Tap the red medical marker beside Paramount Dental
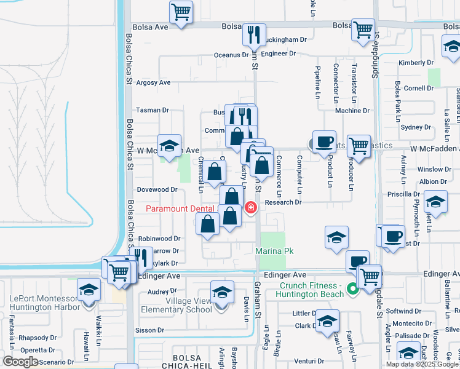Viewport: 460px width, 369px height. click(250, 208)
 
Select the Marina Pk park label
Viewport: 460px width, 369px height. click(271, 252)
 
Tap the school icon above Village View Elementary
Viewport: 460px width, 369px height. click(222, 291)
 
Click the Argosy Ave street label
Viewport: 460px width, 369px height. click(153, 82)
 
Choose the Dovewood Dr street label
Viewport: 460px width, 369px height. click(157, 190)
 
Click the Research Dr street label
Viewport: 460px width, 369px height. click(283, 202)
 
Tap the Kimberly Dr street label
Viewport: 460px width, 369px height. click(416, 63)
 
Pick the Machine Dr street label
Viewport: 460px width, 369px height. click(352, 111)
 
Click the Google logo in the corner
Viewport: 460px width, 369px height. click(21, 362)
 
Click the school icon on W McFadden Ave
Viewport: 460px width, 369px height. click(169, 145)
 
